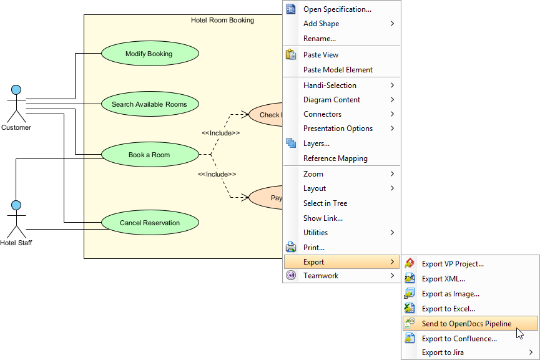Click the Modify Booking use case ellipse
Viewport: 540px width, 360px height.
(x=149, y=54)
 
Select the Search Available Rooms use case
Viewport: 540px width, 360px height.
(x=149, y=104)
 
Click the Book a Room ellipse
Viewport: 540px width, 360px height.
(x=149, y=155)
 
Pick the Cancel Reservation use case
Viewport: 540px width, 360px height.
(x=149, y=223)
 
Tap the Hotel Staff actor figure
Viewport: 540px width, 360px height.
(x=16, y=218)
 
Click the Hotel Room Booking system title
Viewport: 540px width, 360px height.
(x=222, y=20)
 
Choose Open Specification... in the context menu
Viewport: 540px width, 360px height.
(x=337, y=9)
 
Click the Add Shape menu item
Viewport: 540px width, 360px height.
(x=321, y=24)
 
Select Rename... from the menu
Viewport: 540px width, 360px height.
(x=320, y=39)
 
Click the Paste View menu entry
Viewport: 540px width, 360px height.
(x=321, y=55)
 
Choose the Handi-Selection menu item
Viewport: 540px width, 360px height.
(x=330, y=85)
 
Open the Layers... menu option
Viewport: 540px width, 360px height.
(x=317, y=144)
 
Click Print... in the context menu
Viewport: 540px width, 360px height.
(x=313, y=248)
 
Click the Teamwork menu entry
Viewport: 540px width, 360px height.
(x=321, y=276)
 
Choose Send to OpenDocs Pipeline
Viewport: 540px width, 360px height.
(x=466, y=324)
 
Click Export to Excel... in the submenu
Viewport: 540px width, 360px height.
(x=448, y=309)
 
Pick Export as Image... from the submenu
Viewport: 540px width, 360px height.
(x=450, y=294)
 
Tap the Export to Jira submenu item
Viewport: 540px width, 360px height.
(x=443, y=353)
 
